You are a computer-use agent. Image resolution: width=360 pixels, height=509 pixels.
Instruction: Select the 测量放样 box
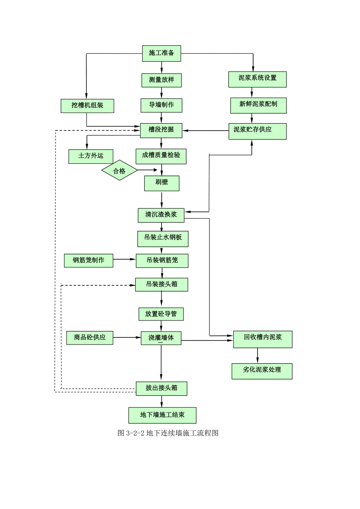coord(161,80)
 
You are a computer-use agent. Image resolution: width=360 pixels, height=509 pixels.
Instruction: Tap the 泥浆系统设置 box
coord(257,79)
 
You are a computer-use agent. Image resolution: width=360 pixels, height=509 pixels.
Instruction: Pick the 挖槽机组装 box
coord(87,106)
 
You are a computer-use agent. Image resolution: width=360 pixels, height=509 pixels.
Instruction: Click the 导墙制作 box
coord(161,105)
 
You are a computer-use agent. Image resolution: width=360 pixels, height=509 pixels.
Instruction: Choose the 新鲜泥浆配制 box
coord(258,105)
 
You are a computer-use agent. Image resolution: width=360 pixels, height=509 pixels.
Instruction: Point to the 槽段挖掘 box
coord(161,130)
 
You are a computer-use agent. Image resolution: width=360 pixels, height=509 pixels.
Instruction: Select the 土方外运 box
coord(90,156)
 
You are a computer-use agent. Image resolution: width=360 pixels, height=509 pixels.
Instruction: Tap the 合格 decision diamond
coord(119,171)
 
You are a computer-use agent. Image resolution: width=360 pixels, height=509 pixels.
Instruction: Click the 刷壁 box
coord(162,183)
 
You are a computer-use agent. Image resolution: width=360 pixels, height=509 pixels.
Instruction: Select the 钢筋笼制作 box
coord(88,260)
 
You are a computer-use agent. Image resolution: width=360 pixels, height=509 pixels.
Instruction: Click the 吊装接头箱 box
coord(162,285)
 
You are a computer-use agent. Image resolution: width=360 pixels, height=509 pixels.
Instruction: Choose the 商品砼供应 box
coord(90,337)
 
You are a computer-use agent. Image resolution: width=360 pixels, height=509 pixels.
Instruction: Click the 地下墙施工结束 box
coord(162,415)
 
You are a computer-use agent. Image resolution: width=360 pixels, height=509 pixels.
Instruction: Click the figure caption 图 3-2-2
coord(167,433)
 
